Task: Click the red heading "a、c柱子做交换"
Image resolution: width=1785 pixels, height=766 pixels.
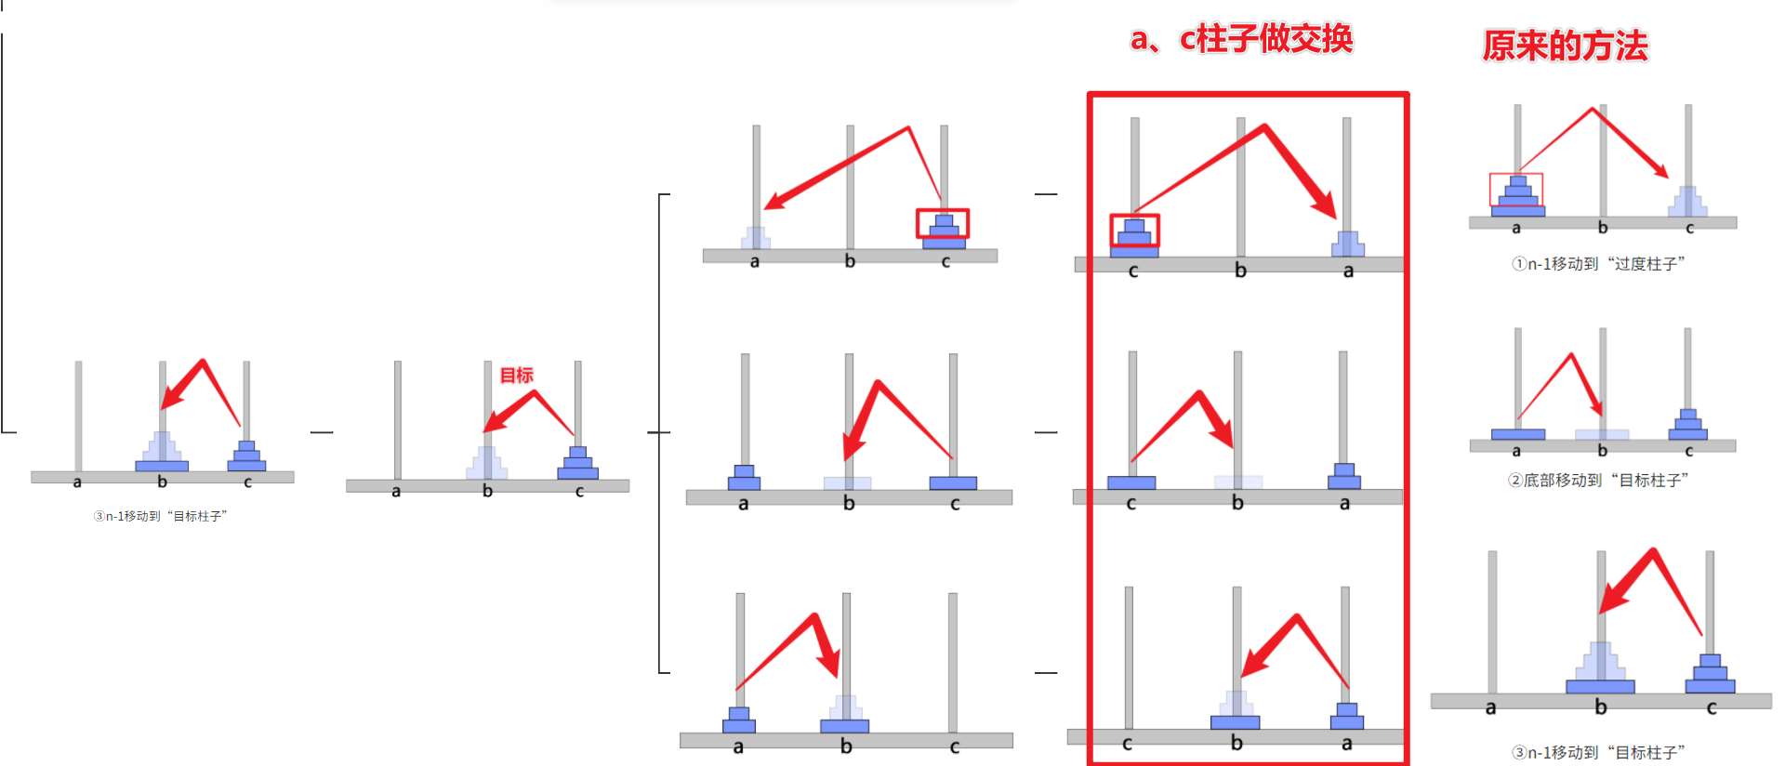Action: pos(1241,39)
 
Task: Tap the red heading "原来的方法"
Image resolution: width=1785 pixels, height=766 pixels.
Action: pos(1565,46)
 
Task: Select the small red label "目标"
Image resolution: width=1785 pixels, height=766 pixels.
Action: pos(516,375)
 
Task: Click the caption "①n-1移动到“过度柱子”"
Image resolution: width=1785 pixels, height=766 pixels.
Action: pos(1598,264)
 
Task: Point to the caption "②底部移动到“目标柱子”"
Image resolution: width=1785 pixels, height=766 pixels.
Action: pos(1598,481)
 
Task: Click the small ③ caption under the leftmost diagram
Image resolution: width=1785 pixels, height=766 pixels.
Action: pos(160,516)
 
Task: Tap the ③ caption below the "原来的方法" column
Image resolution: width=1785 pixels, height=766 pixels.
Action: pos(1598,752)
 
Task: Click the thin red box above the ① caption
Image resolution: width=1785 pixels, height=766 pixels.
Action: pos(1515,190)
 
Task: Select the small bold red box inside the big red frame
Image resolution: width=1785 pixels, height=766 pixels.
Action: pos(1134,231)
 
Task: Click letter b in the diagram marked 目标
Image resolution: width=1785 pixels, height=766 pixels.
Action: pos(487,491)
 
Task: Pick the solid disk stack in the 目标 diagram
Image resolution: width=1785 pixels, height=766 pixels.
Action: pos(577,463)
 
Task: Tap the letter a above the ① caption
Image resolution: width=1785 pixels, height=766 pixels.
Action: pos(1516,229)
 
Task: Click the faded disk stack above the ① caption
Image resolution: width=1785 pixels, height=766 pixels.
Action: pos(1687,202)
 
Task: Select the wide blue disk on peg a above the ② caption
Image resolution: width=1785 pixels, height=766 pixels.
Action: pos(1517,434)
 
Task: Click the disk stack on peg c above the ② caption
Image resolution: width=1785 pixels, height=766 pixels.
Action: pos(1687,425)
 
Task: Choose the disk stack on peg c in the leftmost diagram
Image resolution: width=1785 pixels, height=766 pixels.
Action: pos(246,456)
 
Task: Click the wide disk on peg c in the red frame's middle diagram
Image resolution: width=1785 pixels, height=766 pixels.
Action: pos(1131,482)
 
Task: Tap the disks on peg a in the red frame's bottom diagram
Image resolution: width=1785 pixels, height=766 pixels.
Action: pos(1347,716)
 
